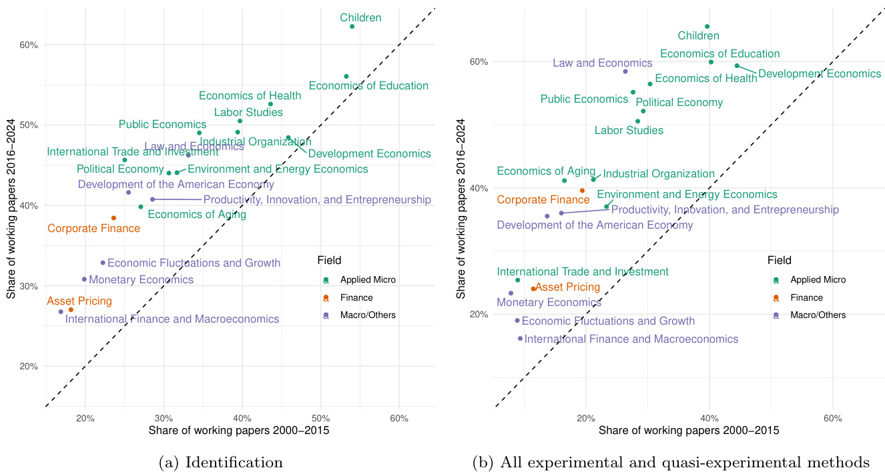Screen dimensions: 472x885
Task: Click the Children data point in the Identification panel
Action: [x=352, y=26]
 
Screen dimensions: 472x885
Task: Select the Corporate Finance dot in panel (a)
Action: [x=113, y=218]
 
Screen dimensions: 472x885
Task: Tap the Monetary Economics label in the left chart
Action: [x=141, y=280]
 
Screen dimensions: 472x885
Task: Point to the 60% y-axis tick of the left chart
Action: [x=29, y=45]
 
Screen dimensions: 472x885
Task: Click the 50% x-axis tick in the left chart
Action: [x=321, y=419]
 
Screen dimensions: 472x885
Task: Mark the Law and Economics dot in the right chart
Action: [x=625, y=71]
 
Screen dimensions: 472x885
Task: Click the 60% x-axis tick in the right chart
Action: [x=833, y=418]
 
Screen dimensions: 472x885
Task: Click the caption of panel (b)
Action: [x=671, y=462]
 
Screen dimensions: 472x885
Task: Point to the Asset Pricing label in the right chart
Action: [x=568, y=287]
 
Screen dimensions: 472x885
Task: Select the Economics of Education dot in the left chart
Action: [x=346, y=77]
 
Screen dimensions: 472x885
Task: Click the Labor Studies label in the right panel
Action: [x=629, y=131]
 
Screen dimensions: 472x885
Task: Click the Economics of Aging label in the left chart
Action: [x=196, y=215]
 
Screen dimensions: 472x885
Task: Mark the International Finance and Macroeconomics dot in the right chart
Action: [x=520, y=339]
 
